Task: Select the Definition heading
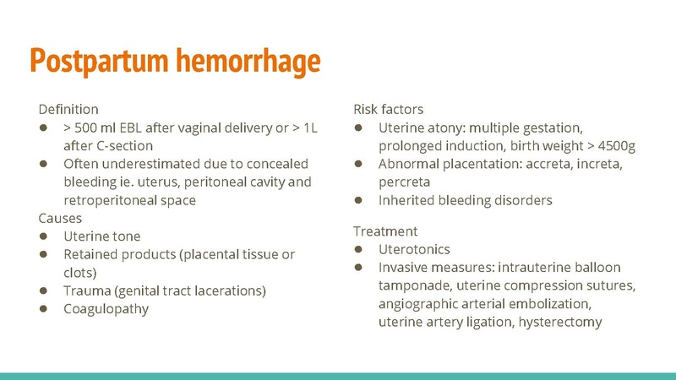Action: click(68, 109)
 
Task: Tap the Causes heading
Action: click(61, 218)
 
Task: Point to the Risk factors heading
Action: click(388, 109)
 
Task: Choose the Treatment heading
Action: click(385, 231)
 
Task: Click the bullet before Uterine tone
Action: click(43, 236)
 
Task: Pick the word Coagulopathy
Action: click(106, 308)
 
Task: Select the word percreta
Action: click(405, 182)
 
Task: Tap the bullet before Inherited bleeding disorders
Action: click(358, 200)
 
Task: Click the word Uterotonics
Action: click(414, 249)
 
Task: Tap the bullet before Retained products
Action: click(43, 254)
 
